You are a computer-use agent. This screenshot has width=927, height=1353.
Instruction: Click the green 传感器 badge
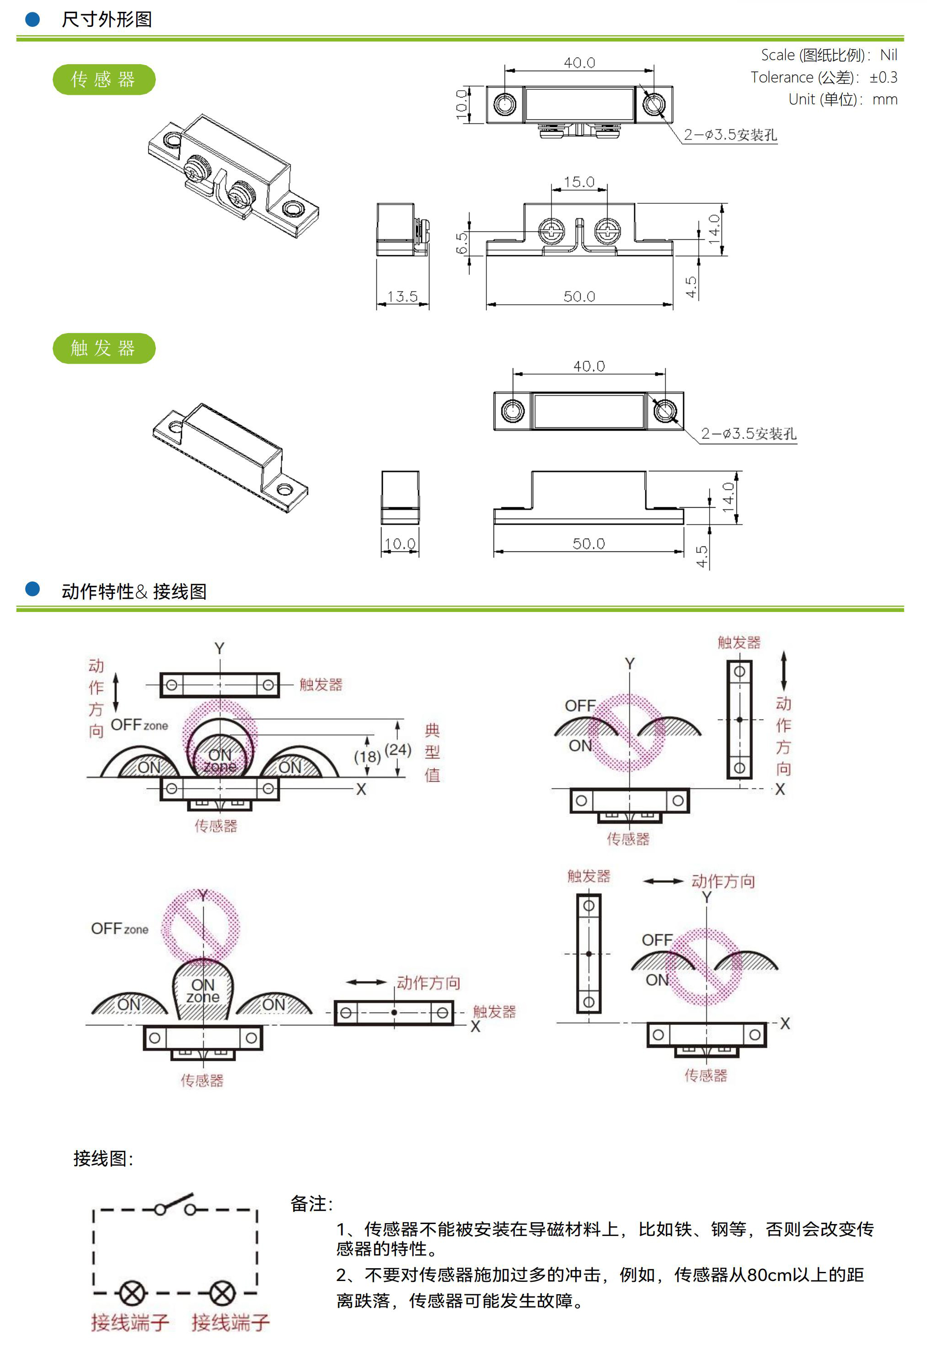pos(103,80)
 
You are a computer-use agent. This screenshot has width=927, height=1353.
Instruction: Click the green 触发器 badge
pos(103,348)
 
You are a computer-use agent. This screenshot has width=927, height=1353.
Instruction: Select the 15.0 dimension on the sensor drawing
pos(579,182)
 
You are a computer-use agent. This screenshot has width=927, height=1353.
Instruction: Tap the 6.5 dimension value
pos(462,243)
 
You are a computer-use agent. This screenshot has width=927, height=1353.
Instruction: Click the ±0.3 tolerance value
pos(883,77)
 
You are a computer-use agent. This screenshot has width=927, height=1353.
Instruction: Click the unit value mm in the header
pos(885,99)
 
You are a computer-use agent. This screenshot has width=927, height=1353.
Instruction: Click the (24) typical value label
pos(398,750)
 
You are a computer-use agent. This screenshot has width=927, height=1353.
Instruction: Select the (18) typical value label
pos(367,757)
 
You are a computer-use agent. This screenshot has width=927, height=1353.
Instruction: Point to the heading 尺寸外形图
pos(107,20)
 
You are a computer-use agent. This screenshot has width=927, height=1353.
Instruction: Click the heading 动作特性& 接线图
pos(134,592)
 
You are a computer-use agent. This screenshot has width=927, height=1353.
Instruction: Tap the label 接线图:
pos(103,1158)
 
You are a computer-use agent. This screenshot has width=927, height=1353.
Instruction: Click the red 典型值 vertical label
pos(432,752)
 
